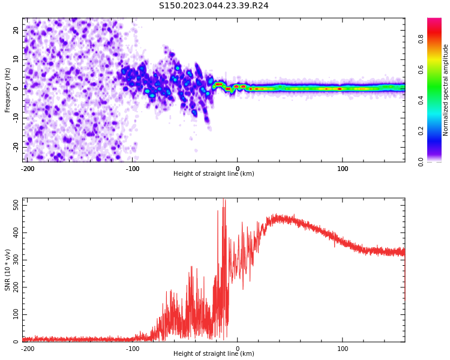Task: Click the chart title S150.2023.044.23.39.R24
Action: pos(214,5)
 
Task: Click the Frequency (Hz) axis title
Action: pos(8,89)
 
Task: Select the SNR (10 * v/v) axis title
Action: pos(8,270)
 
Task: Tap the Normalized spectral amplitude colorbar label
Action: pos(446,89)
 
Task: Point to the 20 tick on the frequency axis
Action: pos(16,30)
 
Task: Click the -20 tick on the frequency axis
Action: pos(14,146)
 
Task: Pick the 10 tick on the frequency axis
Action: pos(16,59)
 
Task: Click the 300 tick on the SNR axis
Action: pos(13,260)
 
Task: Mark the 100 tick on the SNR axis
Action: pos(13,314)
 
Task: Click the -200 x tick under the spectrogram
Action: pos(28,169)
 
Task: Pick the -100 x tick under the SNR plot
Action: pos(132,349)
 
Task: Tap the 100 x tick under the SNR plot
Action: pos(343,349)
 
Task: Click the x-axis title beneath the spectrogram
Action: pos(214,174)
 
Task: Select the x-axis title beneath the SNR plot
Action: pos(214,354)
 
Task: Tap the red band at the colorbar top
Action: pos(434,24)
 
